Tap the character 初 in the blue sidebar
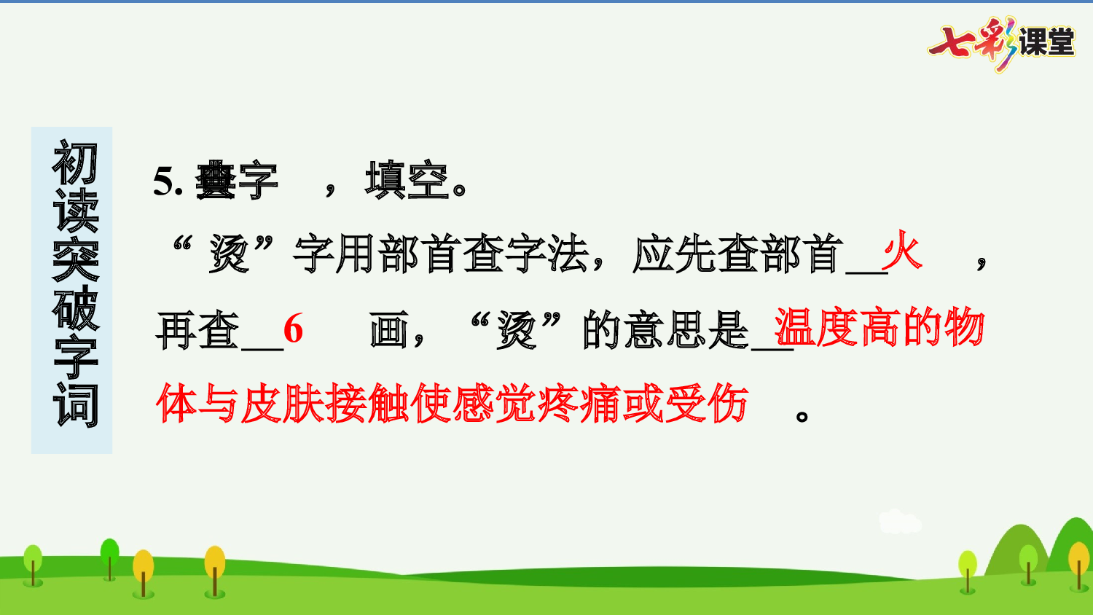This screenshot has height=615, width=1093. click(74, 163)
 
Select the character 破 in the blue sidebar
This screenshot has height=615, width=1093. click(74, 308)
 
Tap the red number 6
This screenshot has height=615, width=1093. click(293, 329)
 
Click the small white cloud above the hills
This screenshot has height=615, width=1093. click(900, 522)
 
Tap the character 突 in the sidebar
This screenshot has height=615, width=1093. click(74, 259)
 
